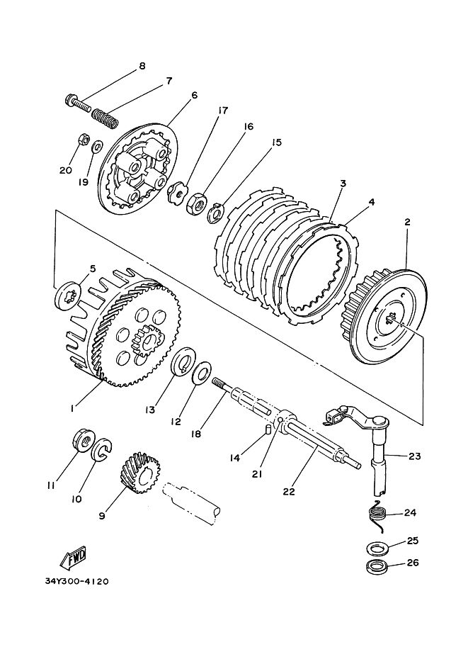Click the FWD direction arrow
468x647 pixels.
click(74, 557)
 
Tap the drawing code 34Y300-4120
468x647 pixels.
click(76, 581)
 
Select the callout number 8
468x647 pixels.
click(142, 66)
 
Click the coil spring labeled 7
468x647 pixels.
click(105, 116)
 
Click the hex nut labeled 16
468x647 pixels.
click(194, 203)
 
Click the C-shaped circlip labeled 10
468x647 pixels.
click(102, 451)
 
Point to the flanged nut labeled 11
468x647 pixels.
click(84, 442)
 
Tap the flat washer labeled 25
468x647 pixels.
click(377, 548)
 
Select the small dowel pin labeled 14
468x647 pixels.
click(267, 429)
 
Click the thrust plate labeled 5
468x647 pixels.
click(68, 296)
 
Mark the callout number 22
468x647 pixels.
click(289, 491)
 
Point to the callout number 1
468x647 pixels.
click(72, 408)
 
